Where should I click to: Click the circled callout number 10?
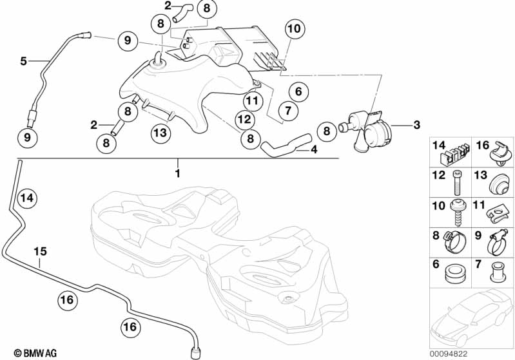coord(293,28)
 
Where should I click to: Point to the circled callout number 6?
coord(298,91)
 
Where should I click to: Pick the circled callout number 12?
coord(244,119)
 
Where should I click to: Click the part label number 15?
coord(40,252)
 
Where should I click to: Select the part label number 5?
coord(23,61)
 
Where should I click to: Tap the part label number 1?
coord(178,173)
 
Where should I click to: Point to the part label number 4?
coord(314,149)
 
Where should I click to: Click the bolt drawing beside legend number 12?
coord(458,184)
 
